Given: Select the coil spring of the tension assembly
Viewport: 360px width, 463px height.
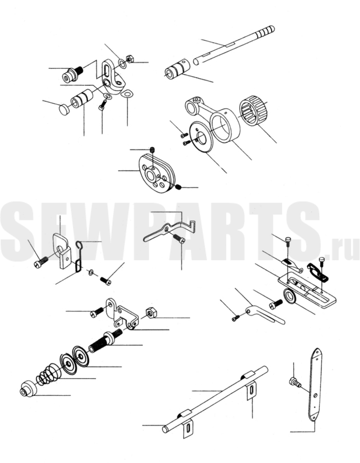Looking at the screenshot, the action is (x=49, y=376).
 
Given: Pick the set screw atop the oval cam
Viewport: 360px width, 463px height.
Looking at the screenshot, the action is (x=153, y=150).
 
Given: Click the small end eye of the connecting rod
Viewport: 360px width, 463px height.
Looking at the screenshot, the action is (x=192, y=104).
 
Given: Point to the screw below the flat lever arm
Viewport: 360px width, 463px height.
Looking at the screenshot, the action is (x=178, y=237).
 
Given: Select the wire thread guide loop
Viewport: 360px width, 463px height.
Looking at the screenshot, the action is (x=78, y=256).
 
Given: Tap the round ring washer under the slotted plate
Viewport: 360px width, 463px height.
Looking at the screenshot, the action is (x=290, y=296).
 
